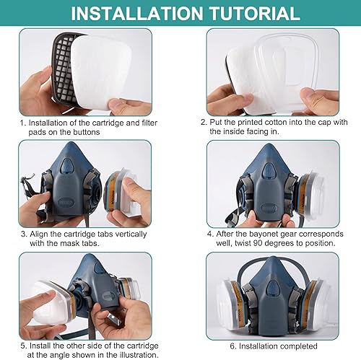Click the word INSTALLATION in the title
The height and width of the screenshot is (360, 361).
[137, 13]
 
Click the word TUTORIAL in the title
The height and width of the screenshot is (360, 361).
[255, 13]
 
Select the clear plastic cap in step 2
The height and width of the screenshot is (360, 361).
[287, 71]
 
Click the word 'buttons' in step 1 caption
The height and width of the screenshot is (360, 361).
[85, 132]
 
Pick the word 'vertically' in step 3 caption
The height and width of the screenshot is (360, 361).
[130, 234]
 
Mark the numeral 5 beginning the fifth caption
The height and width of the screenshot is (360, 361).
[23, 346]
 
